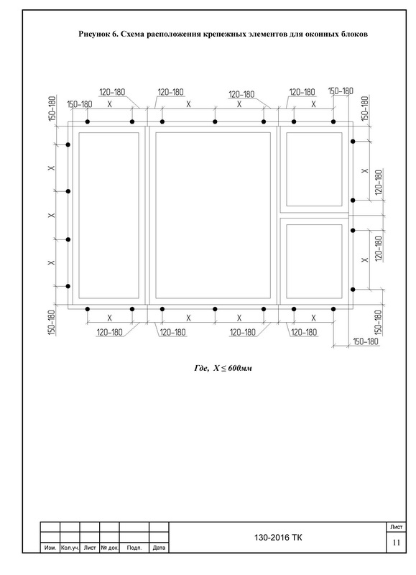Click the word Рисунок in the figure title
[x=93, y=34]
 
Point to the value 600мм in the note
[x=240, y=368]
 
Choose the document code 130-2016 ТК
[x=279, y=538]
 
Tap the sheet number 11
[x=396, y=543]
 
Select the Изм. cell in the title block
[x=50, y=548]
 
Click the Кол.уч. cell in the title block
[x=70, y=548]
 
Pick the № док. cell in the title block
[x=110, y=548]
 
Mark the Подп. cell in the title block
[x=134, y=548]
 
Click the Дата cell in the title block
[x=159, y=548]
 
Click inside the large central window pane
[x=213, y=215]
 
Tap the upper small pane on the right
[x=314, y=169]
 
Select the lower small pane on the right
[x=314, y=262]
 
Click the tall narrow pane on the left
[x=109, y=215]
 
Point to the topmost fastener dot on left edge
[x=68, y=145]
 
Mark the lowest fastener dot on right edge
[x=353, y=290]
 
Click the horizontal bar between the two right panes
[x=314, y=215]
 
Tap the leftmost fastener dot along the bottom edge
[x=87, y=309]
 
